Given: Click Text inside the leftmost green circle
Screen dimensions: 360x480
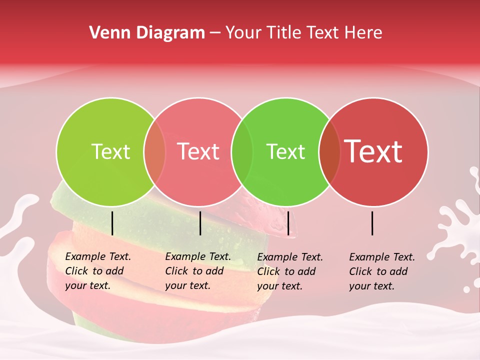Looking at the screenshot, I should [110, 151].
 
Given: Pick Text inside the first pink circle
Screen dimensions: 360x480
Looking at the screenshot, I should [198, 151].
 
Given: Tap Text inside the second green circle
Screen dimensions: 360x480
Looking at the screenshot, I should [285, 151].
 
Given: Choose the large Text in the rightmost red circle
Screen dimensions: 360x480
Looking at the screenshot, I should [373, 151].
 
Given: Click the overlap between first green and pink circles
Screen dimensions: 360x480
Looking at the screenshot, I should [154, 151].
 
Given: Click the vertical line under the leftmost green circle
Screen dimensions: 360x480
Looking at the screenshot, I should [112, 223].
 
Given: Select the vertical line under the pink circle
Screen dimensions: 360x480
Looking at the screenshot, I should [200, 223].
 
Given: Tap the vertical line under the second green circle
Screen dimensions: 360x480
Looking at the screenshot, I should [288, 223].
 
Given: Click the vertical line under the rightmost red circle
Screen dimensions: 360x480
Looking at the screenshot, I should [372, 223].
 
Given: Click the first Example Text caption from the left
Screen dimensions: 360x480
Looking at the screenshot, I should [98, 271].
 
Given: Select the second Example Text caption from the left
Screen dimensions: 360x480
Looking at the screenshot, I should [198, 271].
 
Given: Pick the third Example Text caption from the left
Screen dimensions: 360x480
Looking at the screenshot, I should [290, 271].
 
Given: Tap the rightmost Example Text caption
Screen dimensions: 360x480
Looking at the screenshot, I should [382, 271].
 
